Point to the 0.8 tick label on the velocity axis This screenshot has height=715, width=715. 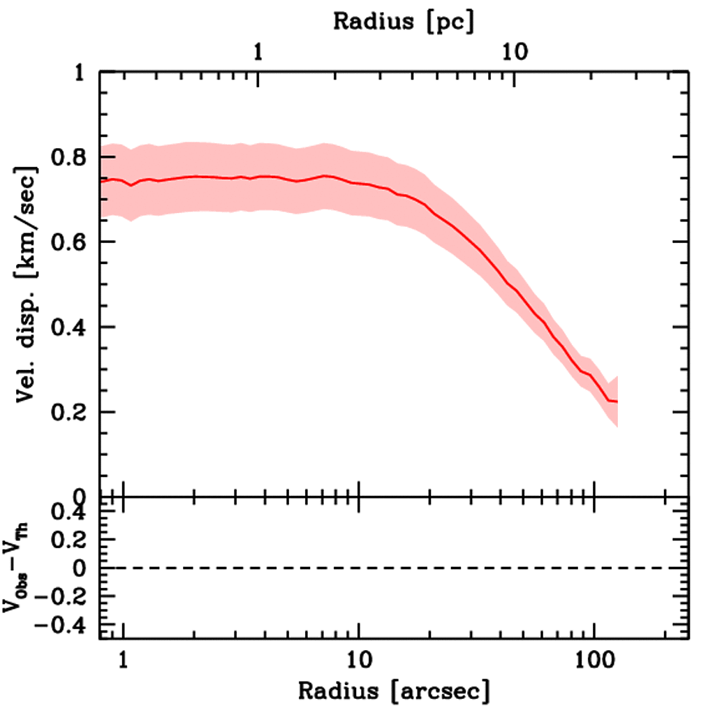click(x=68, y=157)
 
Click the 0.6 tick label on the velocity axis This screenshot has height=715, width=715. click(x=68, y=242)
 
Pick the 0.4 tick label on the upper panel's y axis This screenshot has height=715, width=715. click(x=68, y=327)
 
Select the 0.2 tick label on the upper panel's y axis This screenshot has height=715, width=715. click(x=68, y=413)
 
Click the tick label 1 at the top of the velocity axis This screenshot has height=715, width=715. click(x=81, y=73)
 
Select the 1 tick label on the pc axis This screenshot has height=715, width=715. click(x=258, y=52)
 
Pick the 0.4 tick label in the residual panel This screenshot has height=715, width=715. click(x=68, y=513)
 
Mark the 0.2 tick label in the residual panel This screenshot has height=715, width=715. click(x=68, y=540)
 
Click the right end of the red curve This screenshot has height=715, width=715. click(x=617, y=401)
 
